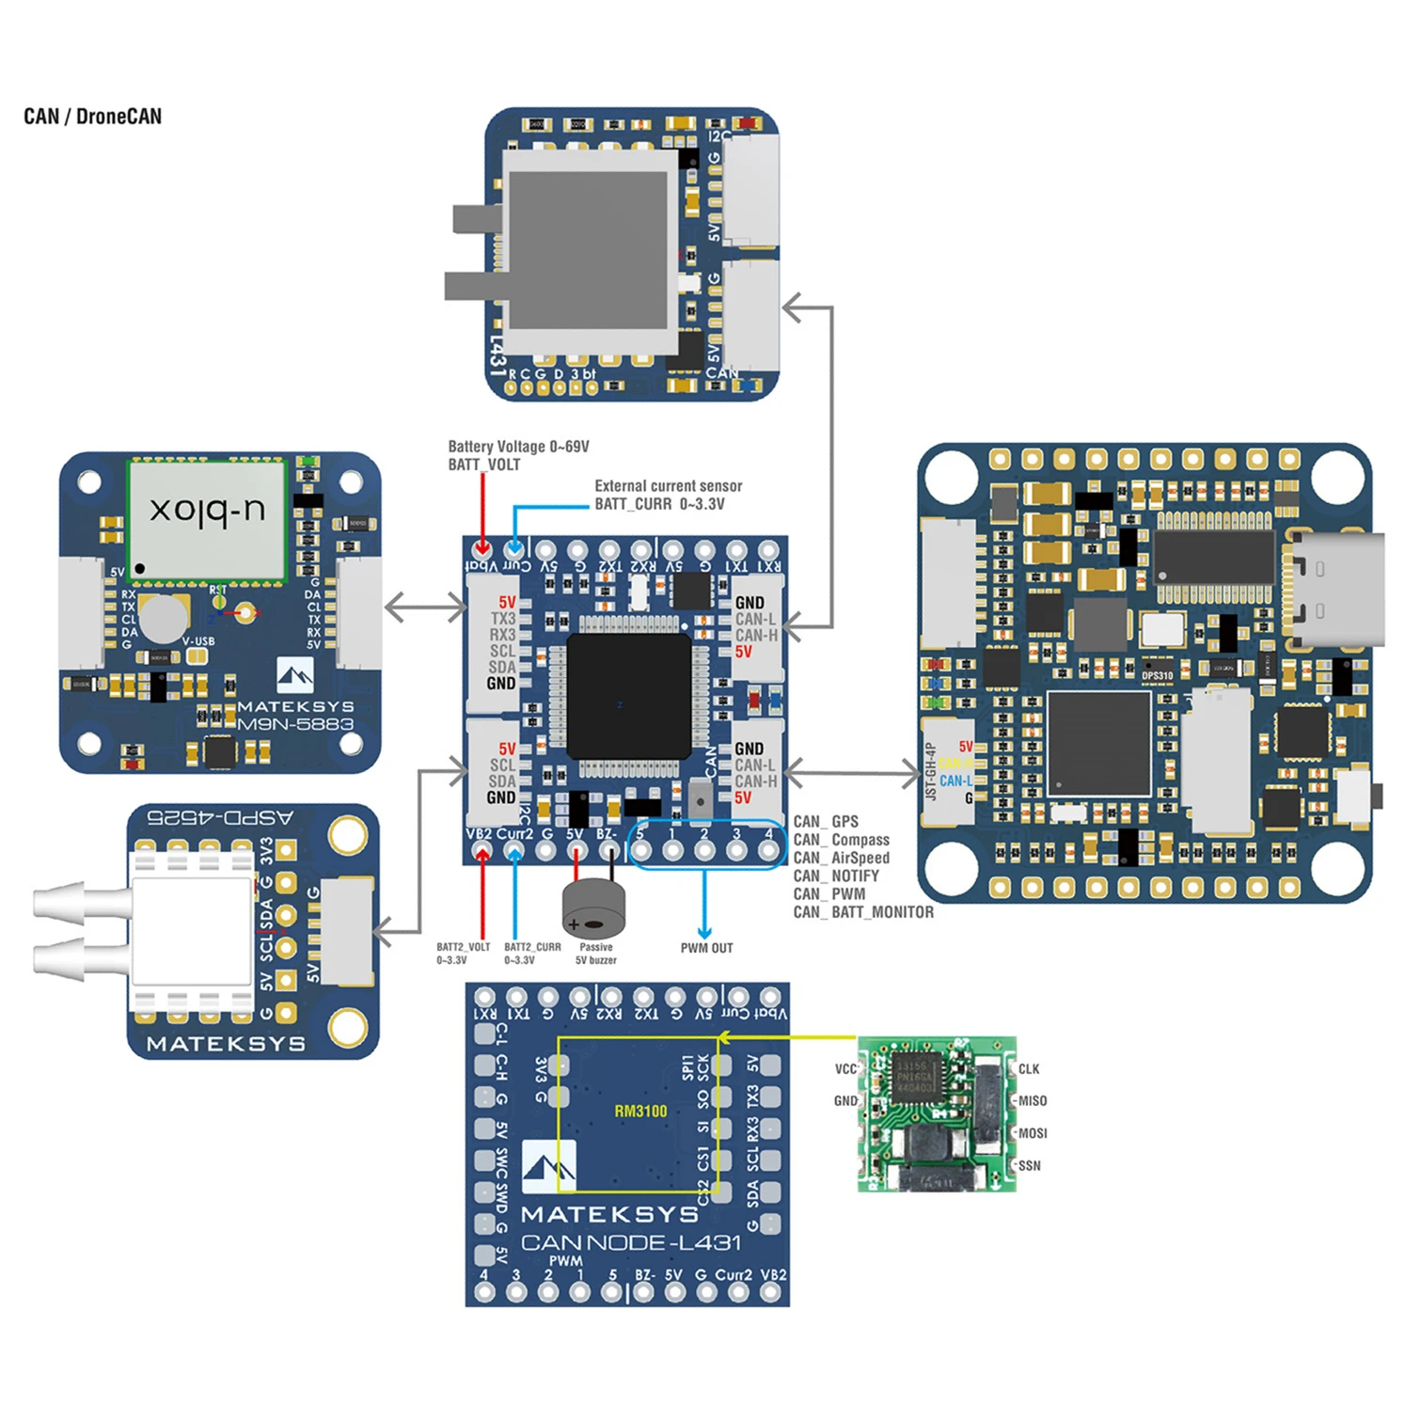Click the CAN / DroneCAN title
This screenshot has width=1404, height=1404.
click(x=92, y=117)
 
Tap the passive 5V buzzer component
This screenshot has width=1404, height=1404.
click(x=592, y=907)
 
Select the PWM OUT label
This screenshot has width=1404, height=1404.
click(x=706, y=948)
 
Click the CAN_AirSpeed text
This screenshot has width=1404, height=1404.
click(x=841, y=858)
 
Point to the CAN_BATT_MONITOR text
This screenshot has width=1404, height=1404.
click(x=863, y=912)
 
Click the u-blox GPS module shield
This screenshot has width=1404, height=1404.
click(x=207, y=520)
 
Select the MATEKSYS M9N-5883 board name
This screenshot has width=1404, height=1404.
click(x=294, y=716)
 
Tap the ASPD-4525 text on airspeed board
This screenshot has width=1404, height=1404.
click(x=220, y=817)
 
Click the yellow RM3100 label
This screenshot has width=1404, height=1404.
click(x=640, y=1111)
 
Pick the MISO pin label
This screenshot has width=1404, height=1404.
click(x=1032, y=1101)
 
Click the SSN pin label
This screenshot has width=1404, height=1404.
click(x=1030, y=1166)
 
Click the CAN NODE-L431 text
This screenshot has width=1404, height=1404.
click(x=631, y=1242)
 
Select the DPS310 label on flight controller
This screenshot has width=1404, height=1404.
click(x=1157, y=675)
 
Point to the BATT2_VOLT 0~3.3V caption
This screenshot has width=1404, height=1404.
click(x=463, y=954)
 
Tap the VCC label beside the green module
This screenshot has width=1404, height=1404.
click(x=845, y=1069)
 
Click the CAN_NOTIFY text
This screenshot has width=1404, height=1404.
click(x=836, y=876)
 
